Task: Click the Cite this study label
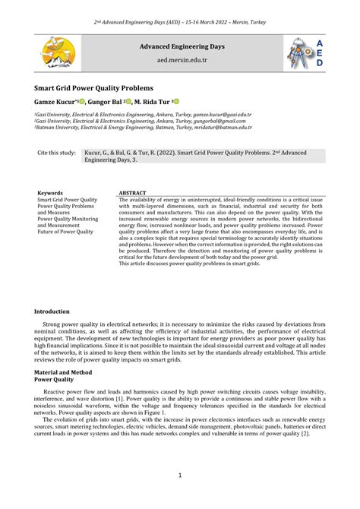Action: coord(57,153)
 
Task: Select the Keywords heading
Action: coord(50,194)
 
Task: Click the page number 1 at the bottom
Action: coord(180,476)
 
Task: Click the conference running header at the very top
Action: coord(179,17)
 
